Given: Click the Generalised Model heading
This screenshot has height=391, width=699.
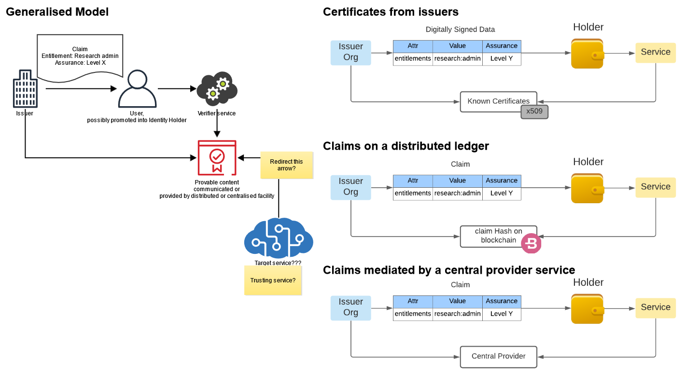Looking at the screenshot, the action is click(x=57, y=12).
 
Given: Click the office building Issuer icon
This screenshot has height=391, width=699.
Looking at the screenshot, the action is click(x=25, y=89).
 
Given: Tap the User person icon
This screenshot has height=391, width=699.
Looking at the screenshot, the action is click(x=137, y=89).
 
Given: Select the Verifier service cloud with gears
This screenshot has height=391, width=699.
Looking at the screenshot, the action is click(x=217, y=89).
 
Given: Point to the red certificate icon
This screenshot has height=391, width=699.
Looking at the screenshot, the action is click(x=217, y=158).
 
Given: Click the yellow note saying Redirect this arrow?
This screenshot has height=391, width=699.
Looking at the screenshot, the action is click(x=286, y=165).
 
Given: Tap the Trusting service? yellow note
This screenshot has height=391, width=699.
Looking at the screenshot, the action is click(x=273, y=280).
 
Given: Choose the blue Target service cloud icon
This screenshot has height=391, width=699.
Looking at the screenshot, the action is click(x=279, y=238).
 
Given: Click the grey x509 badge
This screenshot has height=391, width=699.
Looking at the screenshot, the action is click(x=534, y=112).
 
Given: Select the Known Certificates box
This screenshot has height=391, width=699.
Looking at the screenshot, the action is click(x=498, y=101).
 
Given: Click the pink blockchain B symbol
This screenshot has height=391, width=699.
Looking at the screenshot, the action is click(x=531, y=243).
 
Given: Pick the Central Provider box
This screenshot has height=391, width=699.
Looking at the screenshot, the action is click(x=498, y=357).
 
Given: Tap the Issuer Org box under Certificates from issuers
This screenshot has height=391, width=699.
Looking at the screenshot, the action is click(x=351, y=53).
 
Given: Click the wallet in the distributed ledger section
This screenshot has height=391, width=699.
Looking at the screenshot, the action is click(x=587, y=188).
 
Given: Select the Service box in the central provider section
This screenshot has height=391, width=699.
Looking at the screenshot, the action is click(x=656, y=307).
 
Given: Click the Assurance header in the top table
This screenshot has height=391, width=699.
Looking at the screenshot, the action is click(x=502, y=46).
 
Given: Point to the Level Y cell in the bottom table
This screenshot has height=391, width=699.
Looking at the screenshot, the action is click(x=502, y=314).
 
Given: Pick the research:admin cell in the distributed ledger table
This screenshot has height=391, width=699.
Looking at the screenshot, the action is click(x=458, y=194).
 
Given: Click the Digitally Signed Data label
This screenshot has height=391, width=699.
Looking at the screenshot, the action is click(x=460, y=29).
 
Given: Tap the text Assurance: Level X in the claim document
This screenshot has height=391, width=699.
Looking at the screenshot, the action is click(x=81, y=63).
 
